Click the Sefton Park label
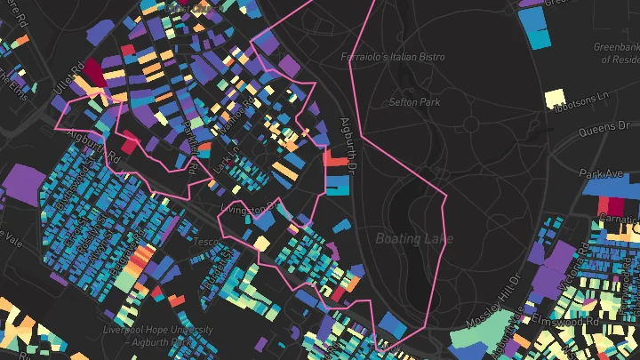click(x=414, y=102)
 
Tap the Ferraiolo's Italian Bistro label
click(x=393, y=57)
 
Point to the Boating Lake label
click(x=413, y=238)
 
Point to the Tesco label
click(x=206, y=242)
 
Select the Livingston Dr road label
click(x=250, y=207)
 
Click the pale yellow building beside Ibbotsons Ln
click(x=555, y=97)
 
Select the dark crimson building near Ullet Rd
click(x=94, y=72)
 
